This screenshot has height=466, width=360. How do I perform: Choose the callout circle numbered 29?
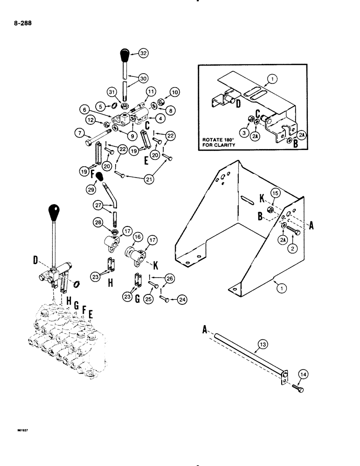tap(92, 191)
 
